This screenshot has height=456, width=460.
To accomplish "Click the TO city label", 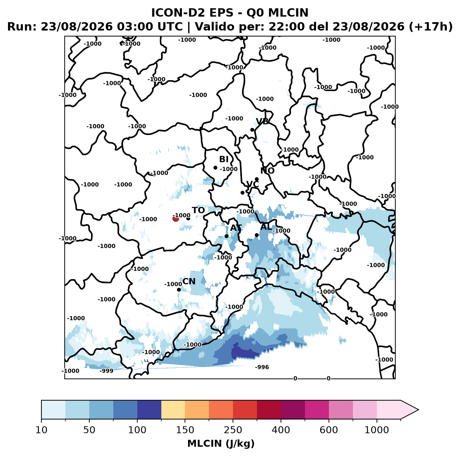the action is [198, 210].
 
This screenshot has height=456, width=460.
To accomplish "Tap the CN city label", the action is [189, 281].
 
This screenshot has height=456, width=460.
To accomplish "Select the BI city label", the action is [224, 159].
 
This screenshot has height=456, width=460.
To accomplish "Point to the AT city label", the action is [236, 228].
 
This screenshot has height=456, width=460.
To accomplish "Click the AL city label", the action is [266, 227].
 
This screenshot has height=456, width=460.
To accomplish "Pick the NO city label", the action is [267, 171].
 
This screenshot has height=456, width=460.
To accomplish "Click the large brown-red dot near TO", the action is [176, 219].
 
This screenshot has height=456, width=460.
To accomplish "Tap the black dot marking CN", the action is [179, 290].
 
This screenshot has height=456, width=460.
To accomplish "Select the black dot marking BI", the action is [215, 168].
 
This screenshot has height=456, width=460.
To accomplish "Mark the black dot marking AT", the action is [227, 236].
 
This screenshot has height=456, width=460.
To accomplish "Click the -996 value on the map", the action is [262, 367].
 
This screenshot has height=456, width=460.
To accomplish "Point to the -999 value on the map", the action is [106, 371].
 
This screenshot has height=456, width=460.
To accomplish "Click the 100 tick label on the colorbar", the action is [137, 430].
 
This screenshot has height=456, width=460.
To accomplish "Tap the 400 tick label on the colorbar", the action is [281, 430].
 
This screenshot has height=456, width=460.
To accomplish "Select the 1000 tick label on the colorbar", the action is [377, 430].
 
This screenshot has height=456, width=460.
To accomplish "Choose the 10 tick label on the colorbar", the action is [41, 430].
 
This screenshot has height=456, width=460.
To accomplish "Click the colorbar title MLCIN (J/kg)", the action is [221, 444].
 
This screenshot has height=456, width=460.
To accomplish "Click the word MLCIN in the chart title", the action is [288, 13].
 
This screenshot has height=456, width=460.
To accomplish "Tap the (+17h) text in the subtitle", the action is [430, 27].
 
